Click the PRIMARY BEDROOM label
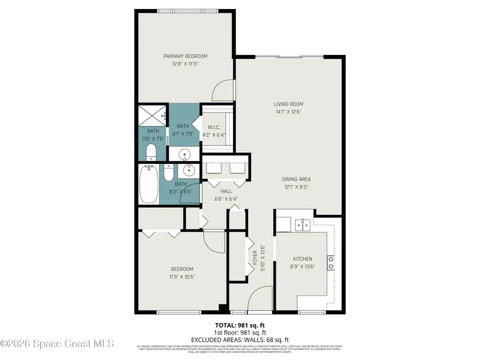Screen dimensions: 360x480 185,56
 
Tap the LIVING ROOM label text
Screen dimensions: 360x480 289,104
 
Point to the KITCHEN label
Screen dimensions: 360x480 302,259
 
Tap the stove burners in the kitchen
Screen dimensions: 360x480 331,261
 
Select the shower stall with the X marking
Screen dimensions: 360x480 153,115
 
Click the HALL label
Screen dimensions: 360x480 226,190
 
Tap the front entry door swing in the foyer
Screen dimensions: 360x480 260,299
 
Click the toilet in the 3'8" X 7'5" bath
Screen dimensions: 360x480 151,152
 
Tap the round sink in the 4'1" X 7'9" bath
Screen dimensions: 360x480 185,154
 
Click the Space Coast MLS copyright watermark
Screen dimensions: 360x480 57,344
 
